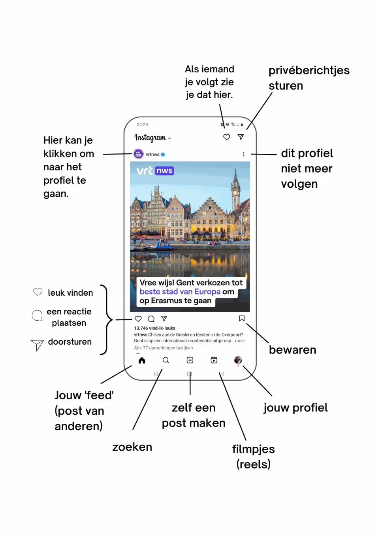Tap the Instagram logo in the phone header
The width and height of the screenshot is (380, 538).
click(150, 138)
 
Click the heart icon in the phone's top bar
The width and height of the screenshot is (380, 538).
click(226, 137)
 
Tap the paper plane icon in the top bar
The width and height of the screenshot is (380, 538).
click(241, 137)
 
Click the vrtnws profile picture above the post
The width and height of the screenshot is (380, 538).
click(138, 154)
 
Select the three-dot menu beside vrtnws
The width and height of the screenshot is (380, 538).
click(243, 154)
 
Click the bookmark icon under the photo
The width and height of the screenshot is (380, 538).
click(242, 319)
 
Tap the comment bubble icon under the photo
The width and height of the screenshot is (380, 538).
click(151, 319)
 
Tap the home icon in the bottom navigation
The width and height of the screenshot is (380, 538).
click(142, 360)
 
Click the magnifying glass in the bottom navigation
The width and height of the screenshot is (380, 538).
click(166, 360)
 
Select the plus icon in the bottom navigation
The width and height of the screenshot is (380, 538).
click(190, 360)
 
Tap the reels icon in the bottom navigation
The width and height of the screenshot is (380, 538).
click(214, 360)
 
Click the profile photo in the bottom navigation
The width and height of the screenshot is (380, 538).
click(238, 360)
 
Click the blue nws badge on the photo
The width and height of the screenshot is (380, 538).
click(164, 171)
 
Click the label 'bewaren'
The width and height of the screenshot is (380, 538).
click(292, 350)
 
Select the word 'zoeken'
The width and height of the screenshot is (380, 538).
click(132, 447)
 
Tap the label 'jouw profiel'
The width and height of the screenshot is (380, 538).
click(295, 408)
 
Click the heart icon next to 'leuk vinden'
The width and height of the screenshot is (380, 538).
click(38, 292)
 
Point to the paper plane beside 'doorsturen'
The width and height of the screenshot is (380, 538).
click(37, 345)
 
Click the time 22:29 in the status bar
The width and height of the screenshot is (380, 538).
click(142, 125)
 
